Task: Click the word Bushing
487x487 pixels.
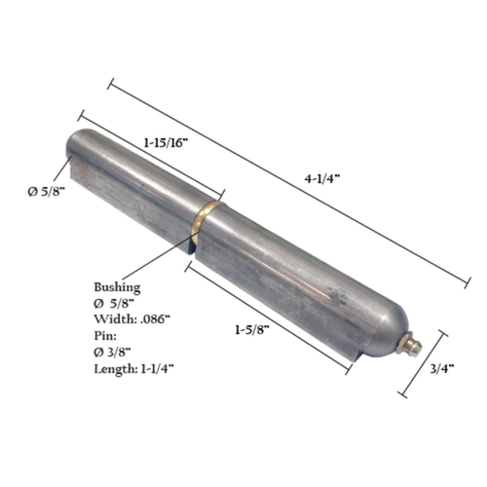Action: coord(117,287)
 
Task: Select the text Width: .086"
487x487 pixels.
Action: coord(132,318)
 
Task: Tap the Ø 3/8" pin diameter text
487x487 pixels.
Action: coord(120,350)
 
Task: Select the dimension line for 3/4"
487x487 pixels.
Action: coord(425,365)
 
